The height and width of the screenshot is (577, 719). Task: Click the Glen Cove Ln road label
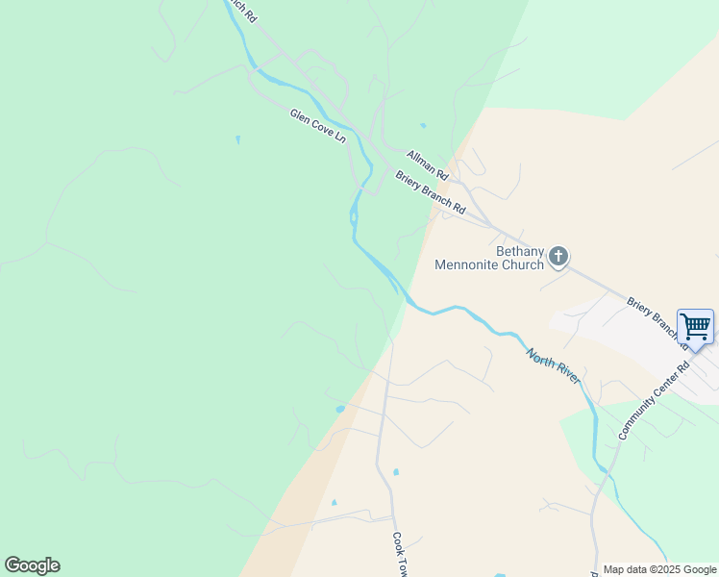317,126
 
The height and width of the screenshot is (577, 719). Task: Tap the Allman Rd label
428,165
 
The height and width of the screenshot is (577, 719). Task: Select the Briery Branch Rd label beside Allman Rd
431,192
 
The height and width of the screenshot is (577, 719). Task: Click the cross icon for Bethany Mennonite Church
558,257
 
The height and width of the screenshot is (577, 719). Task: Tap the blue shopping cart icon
695,327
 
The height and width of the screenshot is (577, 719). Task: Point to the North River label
553,366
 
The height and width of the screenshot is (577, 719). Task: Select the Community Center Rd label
655,401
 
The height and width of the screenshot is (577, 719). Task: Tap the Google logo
32,565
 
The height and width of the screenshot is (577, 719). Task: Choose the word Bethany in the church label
520,251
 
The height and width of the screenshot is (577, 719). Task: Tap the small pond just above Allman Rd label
422,126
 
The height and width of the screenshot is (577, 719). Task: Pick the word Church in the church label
525,264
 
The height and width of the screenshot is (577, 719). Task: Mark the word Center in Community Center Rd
664,389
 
